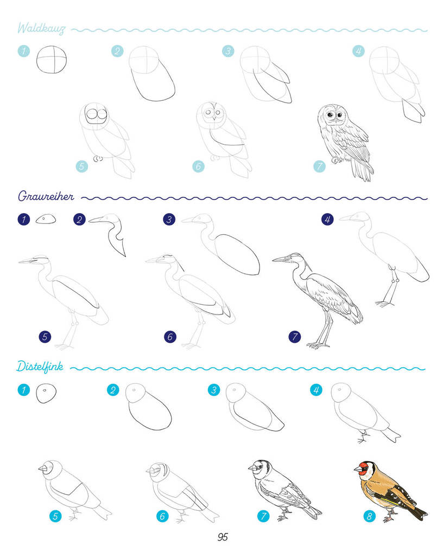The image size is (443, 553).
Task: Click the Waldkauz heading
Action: (x=41, y=28)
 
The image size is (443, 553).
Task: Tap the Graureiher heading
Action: (x=46, y=196)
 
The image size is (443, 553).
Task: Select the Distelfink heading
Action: (x=40, y=367)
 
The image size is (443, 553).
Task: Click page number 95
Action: (x=223, y=537)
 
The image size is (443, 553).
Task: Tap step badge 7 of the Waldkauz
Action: (x=319, y=166)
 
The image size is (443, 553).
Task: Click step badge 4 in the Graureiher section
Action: (x=327, y=220)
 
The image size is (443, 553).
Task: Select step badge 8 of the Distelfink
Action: (x=369, y=516)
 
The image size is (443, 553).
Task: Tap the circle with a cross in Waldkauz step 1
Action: (x=52, y=60)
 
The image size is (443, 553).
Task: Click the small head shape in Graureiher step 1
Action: (x=46, y=219)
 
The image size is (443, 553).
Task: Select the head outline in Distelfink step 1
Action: (x=46, y=393)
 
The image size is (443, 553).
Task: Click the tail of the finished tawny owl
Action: (x=362, y=169)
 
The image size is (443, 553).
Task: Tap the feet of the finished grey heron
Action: (x=318, y=345)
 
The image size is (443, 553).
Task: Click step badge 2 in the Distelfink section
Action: (x=113, y=390)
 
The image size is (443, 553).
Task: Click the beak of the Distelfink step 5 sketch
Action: (x=43, y=468)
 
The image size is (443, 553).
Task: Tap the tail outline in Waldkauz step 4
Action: (x=413, y=111)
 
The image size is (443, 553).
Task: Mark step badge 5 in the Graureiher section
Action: (x=45, y=337)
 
